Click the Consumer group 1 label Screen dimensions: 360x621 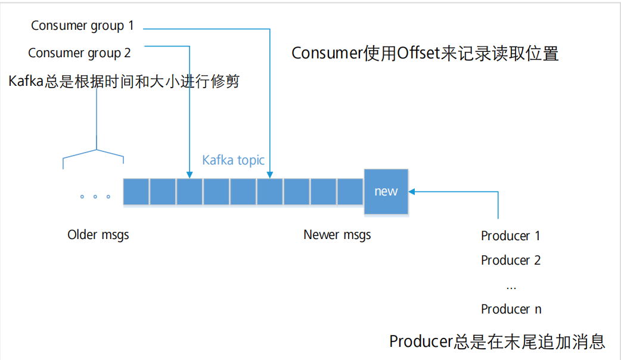[x=82, y=26]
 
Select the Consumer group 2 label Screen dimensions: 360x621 [x=79, y=53]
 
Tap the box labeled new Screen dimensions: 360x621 [x=386, y=191]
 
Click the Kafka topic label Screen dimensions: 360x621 [x=233, y=160]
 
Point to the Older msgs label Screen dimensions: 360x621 [x=98, y=235]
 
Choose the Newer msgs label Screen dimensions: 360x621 [x=337, y=235]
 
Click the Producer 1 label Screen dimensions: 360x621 [x=511, y=236]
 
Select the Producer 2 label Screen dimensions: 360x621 [x=511, y=260]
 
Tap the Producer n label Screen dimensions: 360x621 [x=511, y=309]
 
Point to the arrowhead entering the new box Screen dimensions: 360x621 [x=412, y=191]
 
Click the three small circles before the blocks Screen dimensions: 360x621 [x=95, y=196]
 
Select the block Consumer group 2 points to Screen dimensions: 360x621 [x=190, y=192]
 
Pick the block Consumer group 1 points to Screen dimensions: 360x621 [x=270, y=192]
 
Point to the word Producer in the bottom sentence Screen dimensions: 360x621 [x=421, y=342]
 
